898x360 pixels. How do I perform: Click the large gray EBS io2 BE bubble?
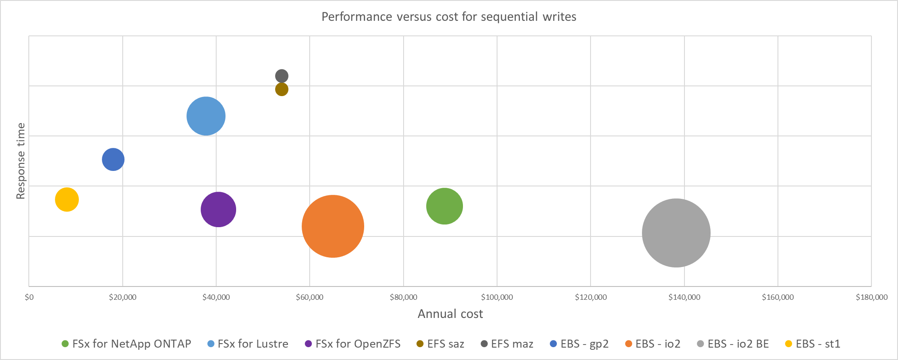(676, 233)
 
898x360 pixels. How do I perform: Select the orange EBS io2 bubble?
(333, 226)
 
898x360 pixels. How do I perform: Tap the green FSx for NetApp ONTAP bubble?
(444, 206)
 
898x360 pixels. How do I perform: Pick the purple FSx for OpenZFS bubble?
(218, 209)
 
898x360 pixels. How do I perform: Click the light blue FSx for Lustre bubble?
(206, 116)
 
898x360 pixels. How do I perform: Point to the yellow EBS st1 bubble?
(67, 200)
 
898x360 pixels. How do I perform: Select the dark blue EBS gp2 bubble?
(113, 159)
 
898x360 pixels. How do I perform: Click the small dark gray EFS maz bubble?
(282, 76)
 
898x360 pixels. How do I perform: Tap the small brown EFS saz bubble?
(282, 89)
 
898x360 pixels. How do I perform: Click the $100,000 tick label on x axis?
(497, 297)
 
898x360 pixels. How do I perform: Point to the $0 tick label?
(29, 297)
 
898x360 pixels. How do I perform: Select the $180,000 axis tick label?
(871, 297)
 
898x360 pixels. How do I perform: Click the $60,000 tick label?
(310, 297)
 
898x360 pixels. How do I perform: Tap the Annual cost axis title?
(450, 314)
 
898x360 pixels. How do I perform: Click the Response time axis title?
(20, 161)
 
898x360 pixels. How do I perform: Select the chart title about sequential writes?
(449, 17)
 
